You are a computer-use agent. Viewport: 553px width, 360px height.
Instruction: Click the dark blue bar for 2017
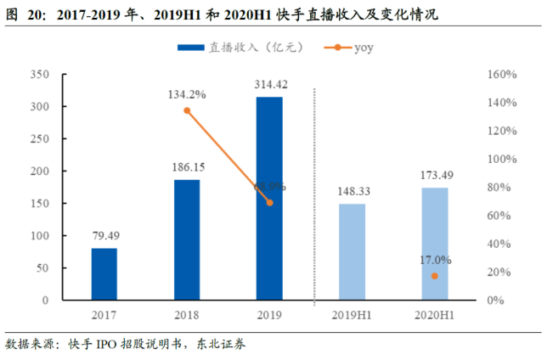pyautogui.click(x=104, y=274)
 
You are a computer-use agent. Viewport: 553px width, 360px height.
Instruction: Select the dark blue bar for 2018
pyautogui.click(x=187, y=240)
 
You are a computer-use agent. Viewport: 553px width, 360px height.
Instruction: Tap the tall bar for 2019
pyautogui.click(x=269, y=199)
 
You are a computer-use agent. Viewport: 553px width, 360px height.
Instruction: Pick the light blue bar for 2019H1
pyautogui.click(x=353, y=252)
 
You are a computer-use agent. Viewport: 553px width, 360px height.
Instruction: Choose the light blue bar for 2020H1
pyautogui.click(x=435, y=244)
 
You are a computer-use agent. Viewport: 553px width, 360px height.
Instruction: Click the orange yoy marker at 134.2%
pyautogui.click(x=187, y=111)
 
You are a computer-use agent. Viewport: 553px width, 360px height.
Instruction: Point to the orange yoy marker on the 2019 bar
pyautogui.click(x=269, y=202)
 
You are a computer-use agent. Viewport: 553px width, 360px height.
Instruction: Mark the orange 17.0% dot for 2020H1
pyautogui.click(x=435, y=276)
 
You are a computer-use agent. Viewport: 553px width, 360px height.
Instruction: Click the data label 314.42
pyautogui.click(x=269, y=84)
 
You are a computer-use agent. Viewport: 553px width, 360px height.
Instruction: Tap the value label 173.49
pyautogui.click(x=435, y=176)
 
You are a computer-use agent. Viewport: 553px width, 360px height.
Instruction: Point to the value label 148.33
pyautogui.click(x=353, y=192)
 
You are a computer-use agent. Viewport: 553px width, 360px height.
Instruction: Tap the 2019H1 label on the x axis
pyautogui.click(x=353, y=316)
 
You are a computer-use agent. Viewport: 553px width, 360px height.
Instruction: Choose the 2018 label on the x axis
pyautogui.click(x=187, y=316)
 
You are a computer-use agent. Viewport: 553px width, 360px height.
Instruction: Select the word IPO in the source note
pyautogui.click(x=104, y=345)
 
